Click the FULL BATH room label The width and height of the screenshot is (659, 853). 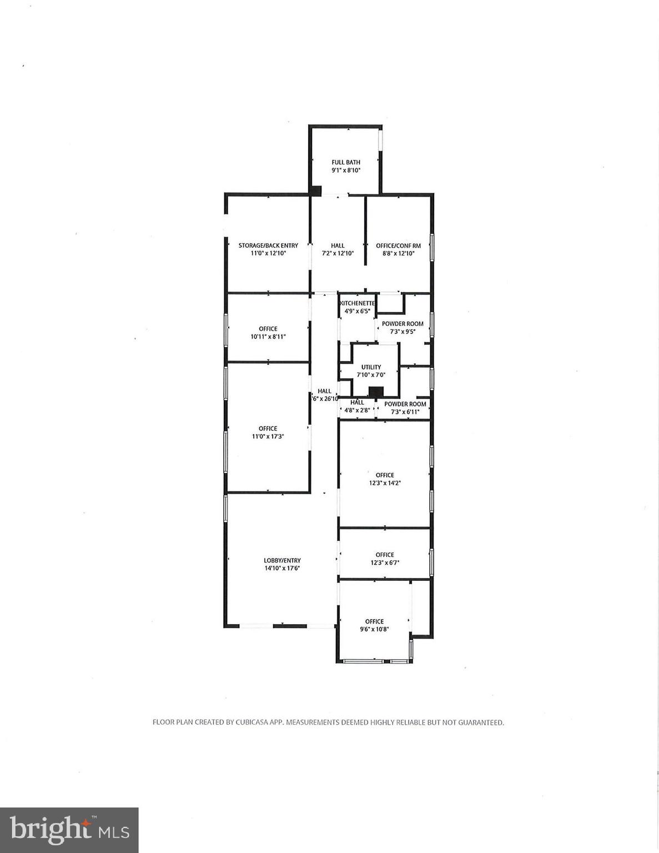pyautogui.click(x=346, y=162)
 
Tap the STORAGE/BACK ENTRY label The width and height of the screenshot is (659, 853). pyautogui.click(x=268, y=245)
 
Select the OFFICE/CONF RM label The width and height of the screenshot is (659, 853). pyautogui.click(x=398, y=245)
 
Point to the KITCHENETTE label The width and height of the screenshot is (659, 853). pyautogui.click(x=358, y=303)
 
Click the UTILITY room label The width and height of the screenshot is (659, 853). pyautogui.click(x=371, y=367)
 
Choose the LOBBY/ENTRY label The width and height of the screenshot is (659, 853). pyautogui.click(x=282, y=560)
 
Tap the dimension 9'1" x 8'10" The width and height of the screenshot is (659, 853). pyautogui.click(x=346, y=170)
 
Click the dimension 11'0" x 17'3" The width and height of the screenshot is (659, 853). pyautogui.click(x=268, y=436)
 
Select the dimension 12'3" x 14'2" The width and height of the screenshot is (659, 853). pyautogui.click(x=385, y=483)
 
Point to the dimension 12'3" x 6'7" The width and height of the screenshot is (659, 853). pyautogui.click(x=385, y=563)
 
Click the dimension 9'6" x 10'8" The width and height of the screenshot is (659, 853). pyautogui.click(x=374, y=629)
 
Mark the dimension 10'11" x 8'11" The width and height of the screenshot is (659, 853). pyautogui.click(x=268, y=337)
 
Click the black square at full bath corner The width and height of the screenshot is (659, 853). pyautogui.click(x=316, y=190)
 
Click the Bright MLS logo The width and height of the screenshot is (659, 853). pyautogui.click(x=69, y=830)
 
